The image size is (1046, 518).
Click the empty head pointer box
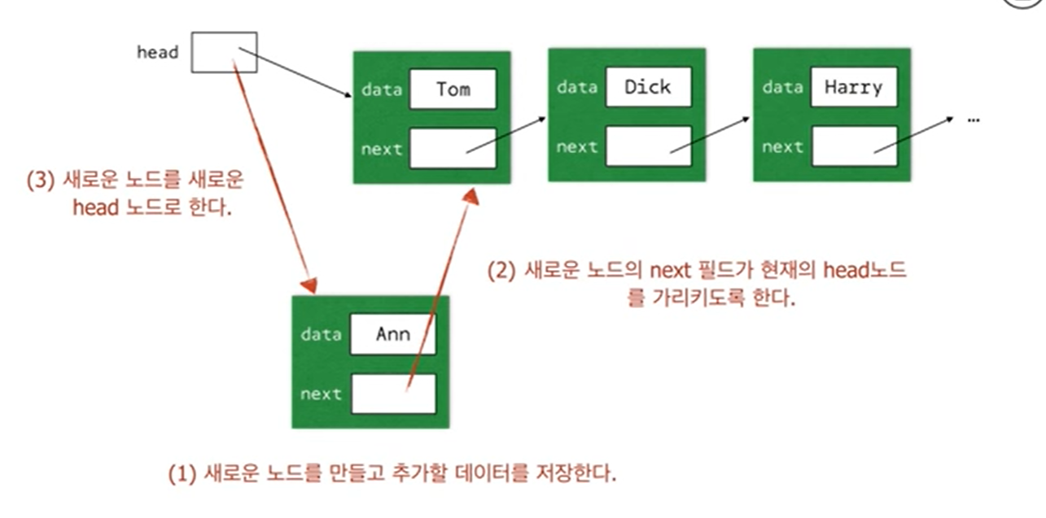tap(224, 52)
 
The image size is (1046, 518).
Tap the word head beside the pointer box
tap(157, 53)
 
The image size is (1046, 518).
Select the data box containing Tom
tap(453, 89)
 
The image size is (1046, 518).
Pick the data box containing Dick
tap(648, 87)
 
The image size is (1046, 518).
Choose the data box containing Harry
tap(853, 87)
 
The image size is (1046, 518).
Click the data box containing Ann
tap(393, 334)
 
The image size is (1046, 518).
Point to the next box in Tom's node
tap(453, 148)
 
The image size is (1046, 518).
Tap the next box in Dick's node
tap(648, 146)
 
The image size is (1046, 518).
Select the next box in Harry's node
tap(853, 146)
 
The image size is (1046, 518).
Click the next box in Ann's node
tap(393, 394)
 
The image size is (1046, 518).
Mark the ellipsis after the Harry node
tap(974, 119)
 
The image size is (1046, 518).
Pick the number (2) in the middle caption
tap(501, 272)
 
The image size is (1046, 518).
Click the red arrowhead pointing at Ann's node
tap(309, 285)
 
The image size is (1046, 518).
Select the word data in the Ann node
tap(320, 334)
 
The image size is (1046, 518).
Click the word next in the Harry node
tap(782, 147)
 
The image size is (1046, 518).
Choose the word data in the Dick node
tap(576, 87)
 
